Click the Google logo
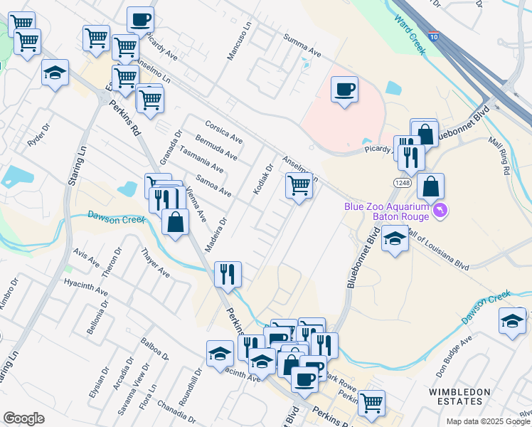[23, 418]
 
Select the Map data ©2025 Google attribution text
[488, 421]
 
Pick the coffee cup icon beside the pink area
[345, 90]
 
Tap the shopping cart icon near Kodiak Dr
[299, 186]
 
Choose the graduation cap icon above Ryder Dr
[55, 73]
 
